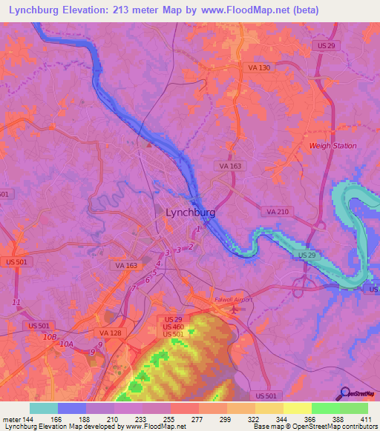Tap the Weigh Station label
point(332,146)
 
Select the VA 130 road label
point(258,67)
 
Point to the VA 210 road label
point(277,212)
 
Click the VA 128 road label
point(111,333)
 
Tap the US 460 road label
point(173,327)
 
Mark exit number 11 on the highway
point(16,302)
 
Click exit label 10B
point(50,337)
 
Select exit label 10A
point(67,344)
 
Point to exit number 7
point(134,288)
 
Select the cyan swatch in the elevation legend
point(44,408)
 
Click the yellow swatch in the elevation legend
point(297,408)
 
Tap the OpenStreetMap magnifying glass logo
point(344,393)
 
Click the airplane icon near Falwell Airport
point(235,307)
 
